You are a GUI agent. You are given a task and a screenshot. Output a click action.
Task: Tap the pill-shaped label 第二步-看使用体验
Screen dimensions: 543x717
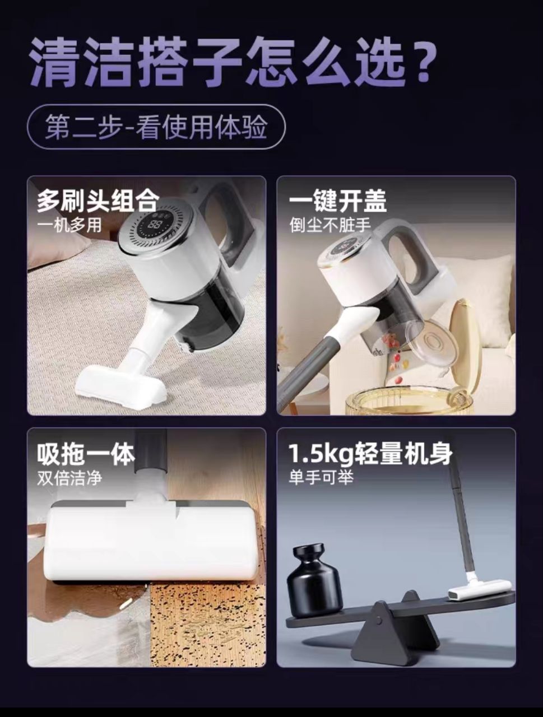pos(156,127)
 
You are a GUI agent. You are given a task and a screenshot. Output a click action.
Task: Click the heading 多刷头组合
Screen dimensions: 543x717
pos(98,201)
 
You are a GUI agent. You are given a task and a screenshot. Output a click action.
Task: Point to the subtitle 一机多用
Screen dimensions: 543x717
pos(69,225)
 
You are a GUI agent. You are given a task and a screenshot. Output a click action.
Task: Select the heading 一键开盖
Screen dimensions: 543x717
pos(338,201)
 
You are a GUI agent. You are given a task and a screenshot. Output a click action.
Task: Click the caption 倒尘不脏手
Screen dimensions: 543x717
pos(330,225)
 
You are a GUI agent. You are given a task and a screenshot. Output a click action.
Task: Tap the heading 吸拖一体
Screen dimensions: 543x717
pos(86,453)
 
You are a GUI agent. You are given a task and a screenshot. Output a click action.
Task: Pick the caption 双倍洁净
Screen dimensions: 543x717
pos(69,478)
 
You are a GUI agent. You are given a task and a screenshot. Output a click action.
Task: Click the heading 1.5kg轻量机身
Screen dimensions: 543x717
pos(370,453)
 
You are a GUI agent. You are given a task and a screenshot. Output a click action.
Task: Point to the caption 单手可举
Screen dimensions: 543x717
pos(321,478)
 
